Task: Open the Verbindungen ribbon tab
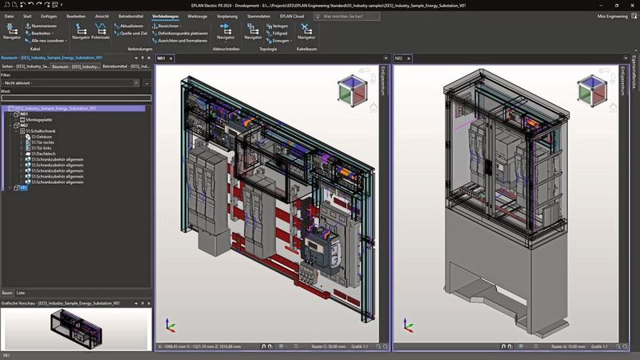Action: click(x=165, y=15)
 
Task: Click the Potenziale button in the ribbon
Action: click(x=101, y=38)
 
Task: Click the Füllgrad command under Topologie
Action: click(x=280, y=33)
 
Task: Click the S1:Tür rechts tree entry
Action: click(x=40, y=142)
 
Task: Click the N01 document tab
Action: click(x=161, y=58)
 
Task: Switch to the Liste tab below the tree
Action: click(x=21, y=293)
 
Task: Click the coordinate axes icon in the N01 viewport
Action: click(x=169, y=324)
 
